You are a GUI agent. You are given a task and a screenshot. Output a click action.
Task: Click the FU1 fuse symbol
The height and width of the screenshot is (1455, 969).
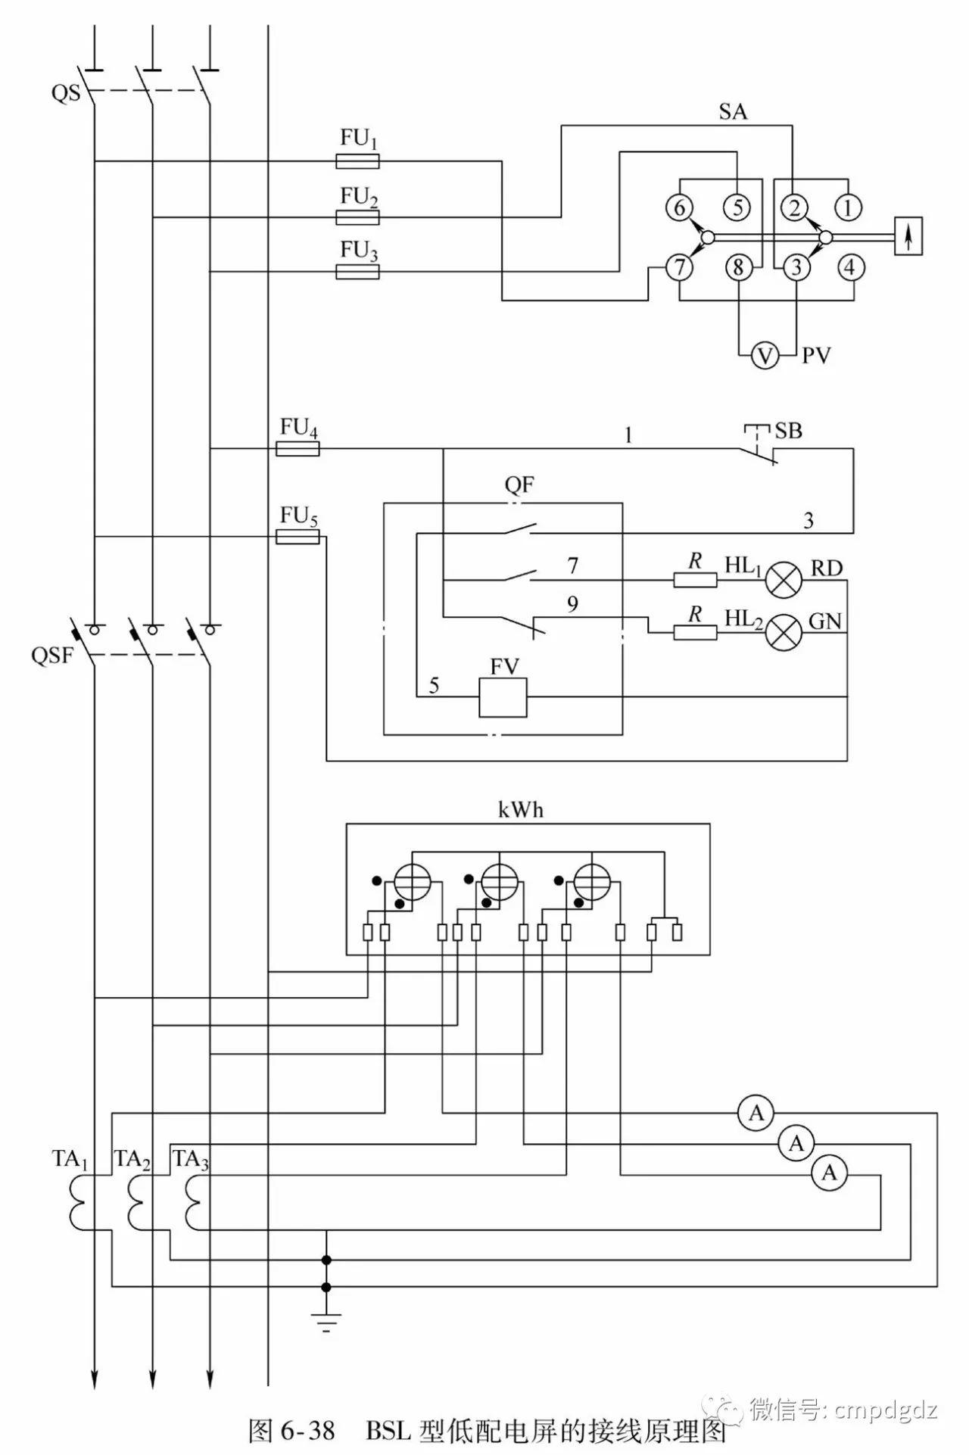pyautogui.click(x=357, y=160)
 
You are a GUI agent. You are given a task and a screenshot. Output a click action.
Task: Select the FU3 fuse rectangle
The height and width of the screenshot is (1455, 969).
pyautogui.click(x=357, y=272)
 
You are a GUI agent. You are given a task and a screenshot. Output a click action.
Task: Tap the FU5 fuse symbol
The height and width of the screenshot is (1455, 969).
pyautogui.click(x=298, y=537)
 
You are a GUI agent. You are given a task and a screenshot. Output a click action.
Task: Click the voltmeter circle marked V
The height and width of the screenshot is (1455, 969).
pyautogui.click(x=765, y=354)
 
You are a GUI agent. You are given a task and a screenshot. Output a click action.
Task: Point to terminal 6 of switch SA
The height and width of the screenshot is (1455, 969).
pyautogui.click(x=679, y=207)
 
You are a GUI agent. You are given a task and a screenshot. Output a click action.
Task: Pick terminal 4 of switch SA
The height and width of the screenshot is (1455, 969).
pyautogui.click(x=850, y=267)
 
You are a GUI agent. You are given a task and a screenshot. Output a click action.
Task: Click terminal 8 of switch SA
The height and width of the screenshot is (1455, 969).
pyautogui.click(x=739, y=267)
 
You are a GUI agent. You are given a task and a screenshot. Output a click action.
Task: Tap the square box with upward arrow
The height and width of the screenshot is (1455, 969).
pyautogui.click(x=908, y=236)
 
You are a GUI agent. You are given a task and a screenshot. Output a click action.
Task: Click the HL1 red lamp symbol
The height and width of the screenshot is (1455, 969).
pyautogui.click(x=784, y=581)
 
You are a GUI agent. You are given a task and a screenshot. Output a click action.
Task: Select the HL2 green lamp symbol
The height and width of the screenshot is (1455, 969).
pyautogui.click(x=784, y=631)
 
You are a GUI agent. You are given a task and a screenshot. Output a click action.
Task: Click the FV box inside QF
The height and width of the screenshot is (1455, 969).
pyautogui.click(x=503, y=696)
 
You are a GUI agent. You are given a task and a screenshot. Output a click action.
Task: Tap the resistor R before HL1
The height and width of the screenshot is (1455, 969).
pyautogui.click(x=695, y=581)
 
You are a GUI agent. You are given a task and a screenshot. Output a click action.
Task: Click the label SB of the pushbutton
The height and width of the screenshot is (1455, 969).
pyautogui.click(x=788, y=431)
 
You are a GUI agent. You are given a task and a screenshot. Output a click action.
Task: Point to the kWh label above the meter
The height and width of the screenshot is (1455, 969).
pyautogui.click(x=521, y=810)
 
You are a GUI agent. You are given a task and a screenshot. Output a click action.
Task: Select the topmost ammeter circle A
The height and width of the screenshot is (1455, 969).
pyautogui.click(x=756, y=1113)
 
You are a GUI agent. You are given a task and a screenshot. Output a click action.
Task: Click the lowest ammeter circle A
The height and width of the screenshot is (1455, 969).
pyautogui.click(x=830, y=1173)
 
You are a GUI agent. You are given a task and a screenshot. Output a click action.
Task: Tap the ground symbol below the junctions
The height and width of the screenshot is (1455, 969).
pyautogui.click(x=326, y=1323)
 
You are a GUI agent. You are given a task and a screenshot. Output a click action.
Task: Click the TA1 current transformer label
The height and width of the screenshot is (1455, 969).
pyautogui.click(x=70, y=1159)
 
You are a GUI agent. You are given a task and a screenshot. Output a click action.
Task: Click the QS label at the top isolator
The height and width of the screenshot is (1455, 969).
pyautogui.click(x=65, y=93)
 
